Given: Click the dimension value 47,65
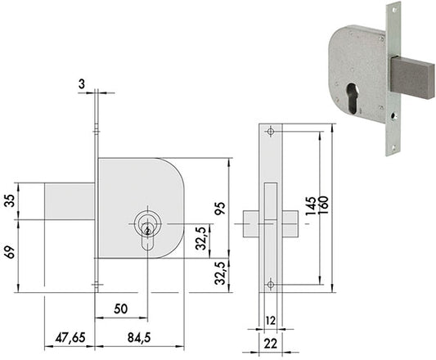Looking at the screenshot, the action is click(x=70, y=338).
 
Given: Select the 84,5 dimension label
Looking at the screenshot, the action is click(x=139, y=338).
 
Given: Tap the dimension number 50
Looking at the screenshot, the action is click(x=121, y=308).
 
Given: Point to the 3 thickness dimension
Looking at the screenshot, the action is click(x=82, y=84).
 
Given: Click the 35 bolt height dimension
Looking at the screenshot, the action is click(x=11, y=201).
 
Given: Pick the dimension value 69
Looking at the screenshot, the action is click(x=11, y=252).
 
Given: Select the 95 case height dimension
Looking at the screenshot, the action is click(x=220, y=208).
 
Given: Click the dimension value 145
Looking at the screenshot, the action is click(x=311, y=206).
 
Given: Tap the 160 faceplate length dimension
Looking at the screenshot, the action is click(x=323, y=205).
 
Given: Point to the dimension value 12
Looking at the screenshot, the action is click(x=270, y=321).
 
